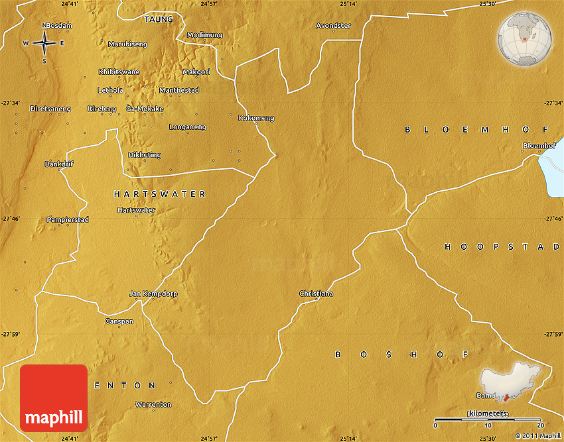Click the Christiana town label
317,294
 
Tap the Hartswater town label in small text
136,210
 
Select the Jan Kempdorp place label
153,294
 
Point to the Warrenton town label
153,404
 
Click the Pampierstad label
68,219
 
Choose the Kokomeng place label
256,118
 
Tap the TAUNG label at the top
159,20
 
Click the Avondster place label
333,26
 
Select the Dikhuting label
145,155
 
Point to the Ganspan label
119,321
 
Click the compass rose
44,44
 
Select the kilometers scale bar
487,420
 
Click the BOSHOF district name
402,355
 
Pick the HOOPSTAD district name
502,247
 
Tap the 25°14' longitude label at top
349,4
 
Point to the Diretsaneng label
50,109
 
